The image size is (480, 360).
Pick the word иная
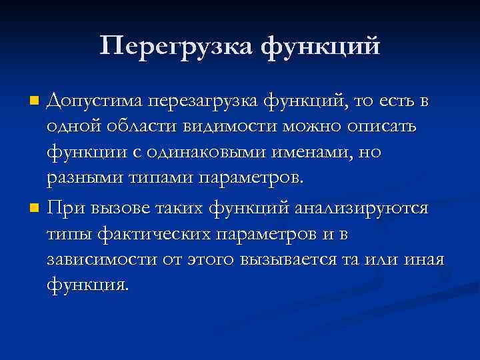tap(424, 260)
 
